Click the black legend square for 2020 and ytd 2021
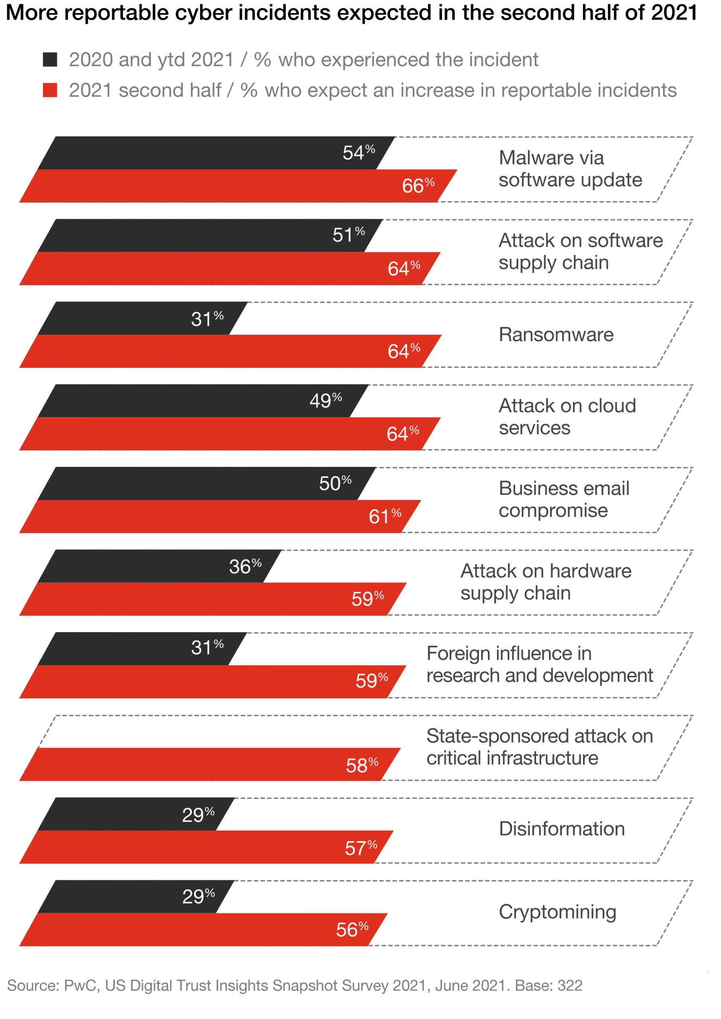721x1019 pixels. coord(50,59)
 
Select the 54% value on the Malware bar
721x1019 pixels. coord(358,153)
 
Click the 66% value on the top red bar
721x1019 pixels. coord(418,185)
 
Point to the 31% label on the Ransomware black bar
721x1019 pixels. coord(207,319)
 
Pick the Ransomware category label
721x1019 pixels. coord(556,335)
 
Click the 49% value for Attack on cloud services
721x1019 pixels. coord(325,400)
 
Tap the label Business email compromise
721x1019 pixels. coord(563,500)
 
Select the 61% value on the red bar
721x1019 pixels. coord(384,516)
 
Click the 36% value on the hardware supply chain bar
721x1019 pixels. coord(245,566)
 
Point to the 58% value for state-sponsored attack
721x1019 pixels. coord(362,765)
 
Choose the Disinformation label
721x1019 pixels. coord(561,829)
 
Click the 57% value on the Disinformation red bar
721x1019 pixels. coord(360,848)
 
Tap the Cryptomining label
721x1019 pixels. coord(557,912)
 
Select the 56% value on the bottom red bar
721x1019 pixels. coord(352,930)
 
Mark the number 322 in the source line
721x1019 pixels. coord(570,986)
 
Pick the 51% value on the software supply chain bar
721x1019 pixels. coord(349,235)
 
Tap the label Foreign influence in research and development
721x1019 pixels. coord(539,665)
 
